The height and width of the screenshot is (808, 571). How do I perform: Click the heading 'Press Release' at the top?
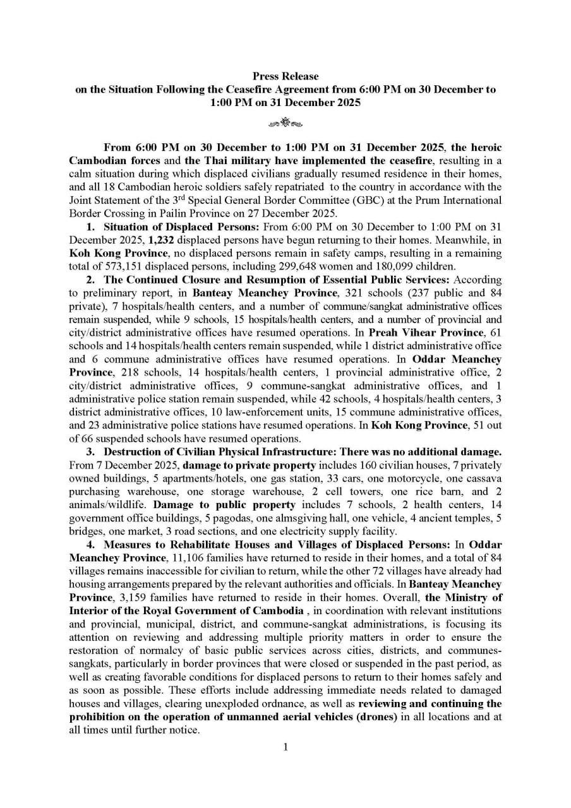click(x=285, y=76)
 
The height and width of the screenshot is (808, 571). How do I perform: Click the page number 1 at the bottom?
click(x=285, y=747)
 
